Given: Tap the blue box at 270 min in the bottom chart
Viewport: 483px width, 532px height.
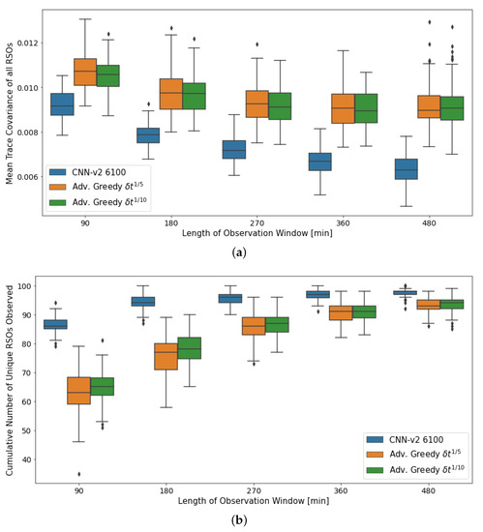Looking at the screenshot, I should tap(229, 298).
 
